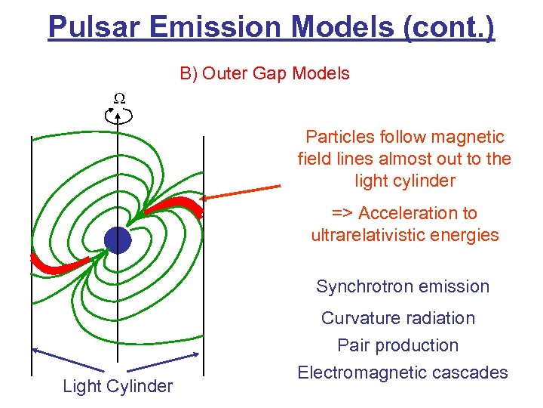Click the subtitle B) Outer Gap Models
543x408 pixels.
[264, 73]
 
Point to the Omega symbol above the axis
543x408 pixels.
[118, 98]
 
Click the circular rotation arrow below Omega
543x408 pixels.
[118, 116]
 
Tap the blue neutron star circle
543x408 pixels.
[118, 240]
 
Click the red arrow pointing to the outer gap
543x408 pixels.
[241, 192]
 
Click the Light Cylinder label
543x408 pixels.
[118, 387]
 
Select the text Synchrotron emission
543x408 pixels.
[403, 286]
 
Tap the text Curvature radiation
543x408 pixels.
[398, 318]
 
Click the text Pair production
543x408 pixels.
[397, 345]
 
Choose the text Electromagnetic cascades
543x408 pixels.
[403, 372]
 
